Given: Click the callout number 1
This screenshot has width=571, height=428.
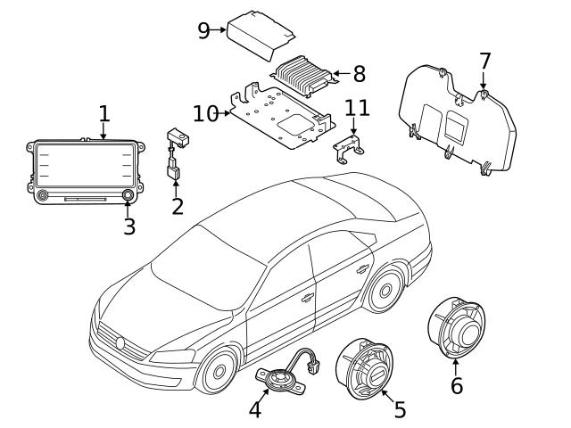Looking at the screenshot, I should tap(103, 113).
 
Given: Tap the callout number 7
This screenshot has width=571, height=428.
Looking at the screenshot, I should tap(484, 62).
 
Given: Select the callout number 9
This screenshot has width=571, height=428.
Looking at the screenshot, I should tap(203, 30).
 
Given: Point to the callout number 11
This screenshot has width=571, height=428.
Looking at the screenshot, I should tap(357, 108).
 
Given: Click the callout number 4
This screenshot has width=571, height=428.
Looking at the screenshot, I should tap(256, 409).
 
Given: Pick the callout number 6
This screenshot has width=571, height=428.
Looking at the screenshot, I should tap(456, 385).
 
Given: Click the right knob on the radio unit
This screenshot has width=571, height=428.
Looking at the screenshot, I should tap(128, 193).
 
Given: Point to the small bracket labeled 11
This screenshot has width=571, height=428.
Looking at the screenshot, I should tap(351, 147).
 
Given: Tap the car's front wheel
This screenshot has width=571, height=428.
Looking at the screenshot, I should tap(217, 374).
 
